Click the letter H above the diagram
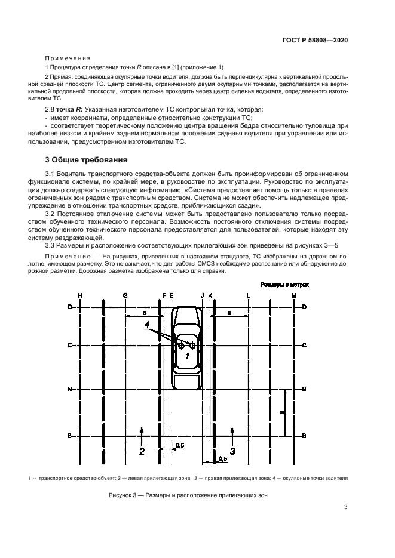coord(79,295)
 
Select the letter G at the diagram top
coord(125,295)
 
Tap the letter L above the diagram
coord(248,295)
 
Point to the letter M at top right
coord(293,295)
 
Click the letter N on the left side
coord(69,390)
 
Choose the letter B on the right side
coord(305,436)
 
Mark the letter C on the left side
coord(69,345)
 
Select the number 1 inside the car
coord(186,356)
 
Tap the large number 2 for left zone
coord(142,451)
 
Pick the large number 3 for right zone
coord(232,451)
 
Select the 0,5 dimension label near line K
coord(223,458)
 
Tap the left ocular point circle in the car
coord(180,345)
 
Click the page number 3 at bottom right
coord(346,507)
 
